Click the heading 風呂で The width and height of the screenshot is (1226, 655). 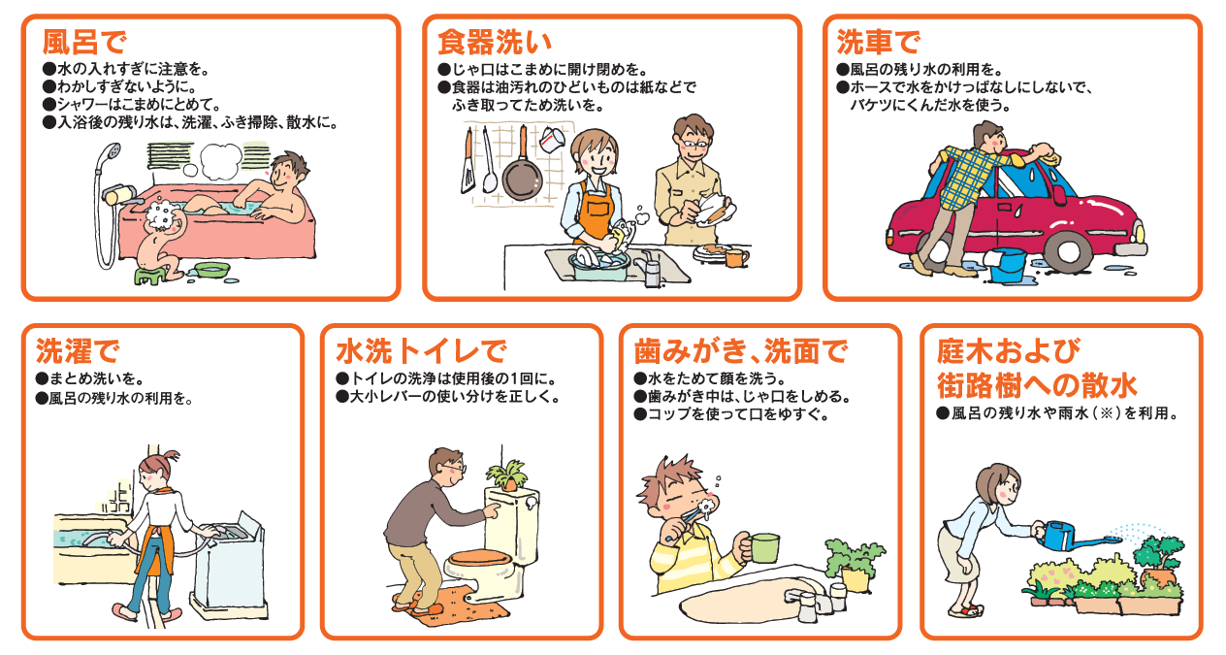tap(85, 42)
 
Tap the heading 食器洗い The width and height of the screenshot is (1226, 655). tap(495, 42)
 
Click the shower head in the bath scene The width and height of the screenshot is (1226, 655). tap(113, 152)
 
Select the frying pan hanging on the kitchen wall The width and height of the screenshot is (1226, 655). tap(520, 174)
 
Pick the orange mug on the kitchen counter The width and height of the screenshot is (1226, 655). tap(736, 257)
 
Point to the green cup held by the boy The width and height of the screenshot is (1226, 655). tap(763, 547)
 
